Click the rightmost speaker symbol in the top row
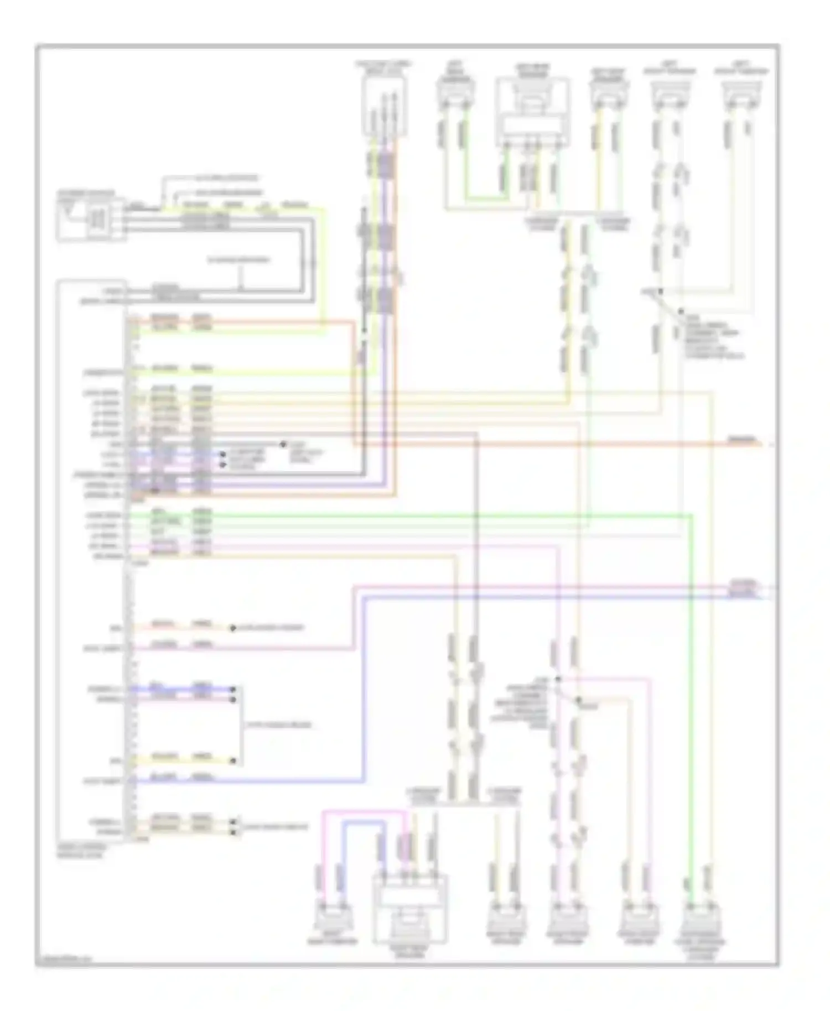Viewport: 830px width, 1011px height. coord(740,94)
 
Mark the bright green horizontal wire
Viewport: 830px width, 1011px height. coord(443,515)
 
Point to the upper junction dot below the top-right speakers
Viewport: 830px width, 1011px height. coord(660,291)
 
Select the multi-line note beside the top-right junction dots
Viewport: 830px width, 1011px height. coord(714,337)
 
